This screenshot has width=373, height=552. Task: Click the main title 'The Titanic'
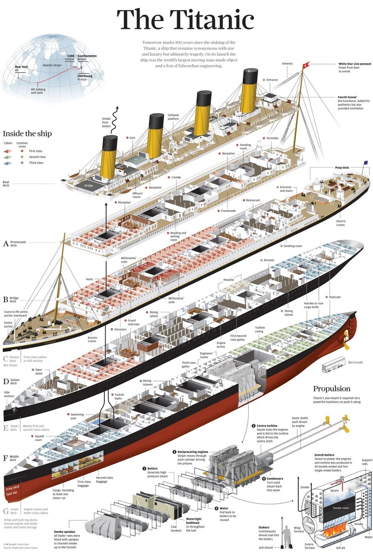click(185, 20)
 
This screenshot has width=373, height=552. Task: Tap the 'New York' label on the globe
click(22, 67)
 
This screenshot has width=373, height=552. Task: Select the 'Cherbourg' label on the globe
click(85, 76)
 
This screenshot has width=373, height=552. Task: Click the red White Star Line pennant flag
click(307, 65)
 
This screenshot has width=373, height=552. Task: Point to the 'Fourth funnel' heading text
click(347, 97)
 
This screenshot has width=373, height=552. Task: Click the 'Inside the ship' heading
click(27, 134)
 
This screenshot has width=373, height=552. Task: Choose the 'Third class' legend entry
click(36, 163)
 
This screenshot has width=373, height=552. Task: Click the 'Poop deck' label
click(342, 168)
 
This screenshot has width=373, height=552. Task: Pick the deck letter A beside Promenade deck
click(6, 244)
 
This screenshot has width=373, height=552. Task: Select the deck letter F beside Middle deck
click(6, 458)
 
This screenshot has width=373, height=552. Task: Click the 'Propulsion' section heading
click(332, 389)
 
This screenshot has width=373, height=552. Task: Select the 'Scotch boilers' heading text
click(324, 455)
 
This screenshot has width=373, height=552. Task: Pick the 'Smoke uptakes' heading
click(64, 532)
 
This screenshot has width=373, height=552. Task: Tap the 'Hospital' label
click(229, 280)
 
